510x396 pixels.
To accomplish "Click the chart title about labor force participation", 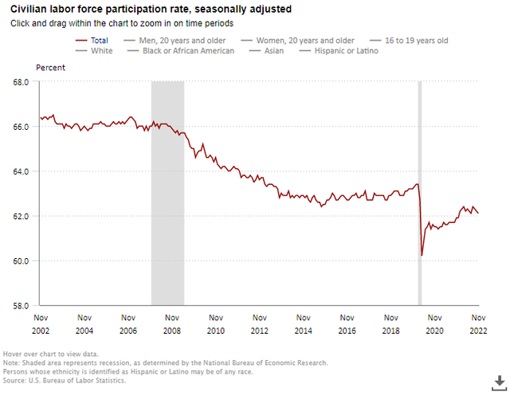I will pos(151,10).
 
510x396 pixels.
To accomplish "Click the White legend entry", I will pos(102,51).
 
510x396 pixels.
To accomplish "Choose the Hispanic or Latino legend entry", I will pos(338,51).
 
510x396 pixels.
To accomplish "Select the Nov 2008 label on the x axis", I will pos(171,323).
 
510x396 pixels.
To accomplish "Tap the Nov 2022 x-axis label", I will pos(478,323).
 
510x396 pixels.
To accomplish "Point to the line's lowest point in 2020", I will pos(422,255).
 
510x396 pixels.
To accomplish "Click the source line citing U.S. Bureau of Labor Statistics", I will pos(65,381).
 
